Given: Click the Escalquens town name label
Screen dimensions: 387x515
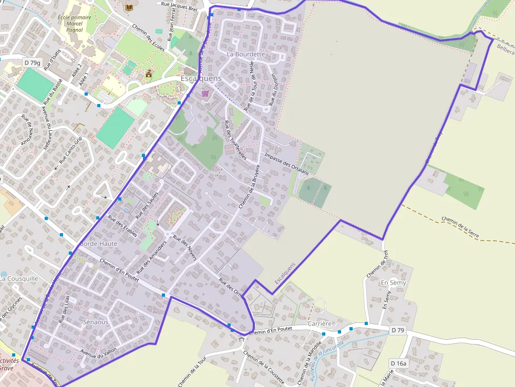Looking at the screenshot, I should pos(201,78).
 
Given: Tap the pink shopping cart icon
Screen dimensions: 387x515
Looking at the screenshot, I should pos(205,93).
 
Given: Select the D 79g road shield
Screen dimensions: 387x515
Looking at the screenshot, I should pos(33,62).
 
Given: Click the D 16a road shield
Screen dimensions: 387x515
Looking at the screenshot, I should pos(399,363).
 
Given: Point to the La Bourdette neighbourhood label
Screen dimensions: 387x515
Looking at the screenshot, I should pos(246,54).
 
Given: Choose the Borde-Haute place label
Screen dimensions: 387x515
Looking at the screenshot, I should pos(98,244).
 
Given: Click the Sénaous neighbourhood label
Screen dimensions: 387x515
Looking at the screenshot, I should pos(96,321).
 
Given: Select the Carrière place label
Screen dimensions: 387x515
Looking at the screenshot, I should pos(320,323).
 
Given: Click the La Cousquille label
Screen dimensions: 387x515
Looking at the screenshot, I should pos(19,278).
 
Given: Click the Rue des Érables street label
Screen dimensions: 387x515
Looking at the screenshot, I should pos(122,226).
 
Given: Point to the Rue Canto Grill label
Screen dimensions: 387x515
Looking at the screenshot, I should pos(70,151).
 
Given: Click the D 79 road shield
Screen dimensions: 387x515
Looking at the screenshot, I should pos(398,330).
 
